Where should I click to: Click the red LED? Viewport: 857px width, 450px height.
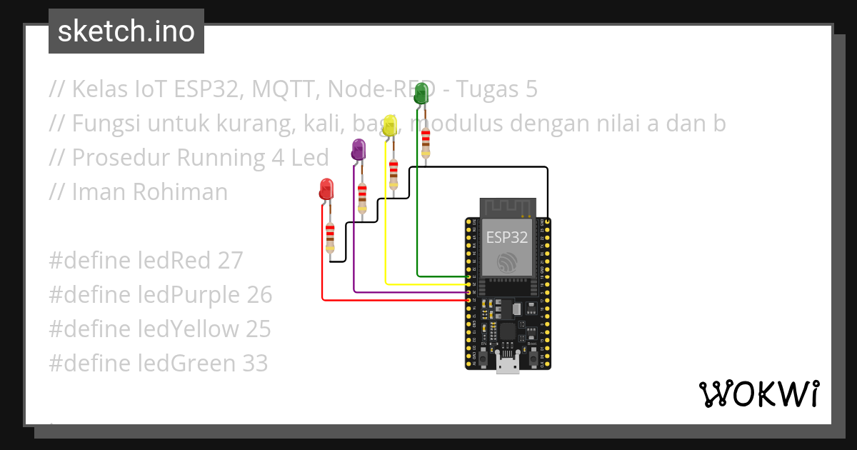(326, 189)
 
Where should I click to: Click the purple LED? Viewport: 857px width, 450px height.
(358, 149)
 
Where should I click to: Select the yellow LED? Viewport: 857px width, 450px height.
(389, 126)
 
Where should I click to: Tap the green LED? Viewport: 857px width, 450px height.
(421, 93)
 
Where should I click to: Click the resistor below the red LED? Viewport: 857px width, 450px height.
(330, 237)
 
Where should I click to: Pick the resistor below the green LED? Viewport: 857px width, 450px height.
(426, 142)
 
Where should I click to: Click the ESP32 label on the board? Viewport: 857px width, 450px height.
(506, 236)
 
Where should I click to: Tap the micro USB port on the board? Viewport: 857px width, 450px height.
(508, 366)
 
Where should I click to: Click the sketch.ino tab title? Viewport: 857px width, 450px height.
(126, 31)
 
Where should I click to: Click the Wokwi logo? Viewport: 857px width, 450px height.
(758, 394)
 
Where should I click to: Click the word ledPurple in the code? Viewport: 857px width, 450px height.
(189, 295)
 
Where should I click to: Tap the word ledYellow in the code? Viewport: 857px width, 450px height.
(188, 329)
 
